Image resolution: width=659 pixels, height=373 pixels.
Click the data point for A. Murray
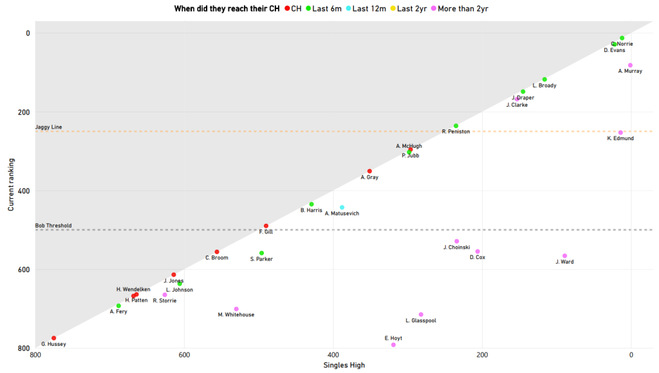pos(630,66)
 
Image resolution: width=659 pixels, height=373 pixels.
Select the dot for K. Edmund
pos(620,132)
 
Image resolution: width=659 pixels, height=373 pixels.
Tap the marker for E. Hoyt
pos(393,345)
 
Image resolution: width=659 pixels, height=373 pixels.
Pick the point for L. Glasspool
pos(421,314)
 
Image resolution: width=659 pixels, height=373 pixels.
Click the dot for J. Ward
pos(564,256)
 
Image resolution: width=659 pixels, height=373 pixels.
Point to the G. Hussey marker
pos(54,338)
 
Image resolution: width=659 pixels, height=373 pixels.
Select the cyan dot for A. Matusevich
pos(342,208)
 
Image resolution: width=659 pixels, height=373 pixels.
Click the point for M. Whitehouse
pos(236,309)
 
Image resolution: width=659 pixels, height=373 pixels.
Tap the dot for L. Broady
pos(544,80)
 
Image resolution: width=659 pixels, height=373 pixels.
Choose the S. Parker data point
pos(261,253)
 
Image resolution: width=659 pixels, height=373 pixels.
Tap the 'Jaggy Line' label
pos(48,127)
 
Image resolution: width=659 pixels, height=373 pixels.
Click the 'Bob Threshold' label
pos(53,226)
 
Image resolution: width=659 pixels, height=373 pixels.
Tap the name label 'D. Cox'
pos(477,257)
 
